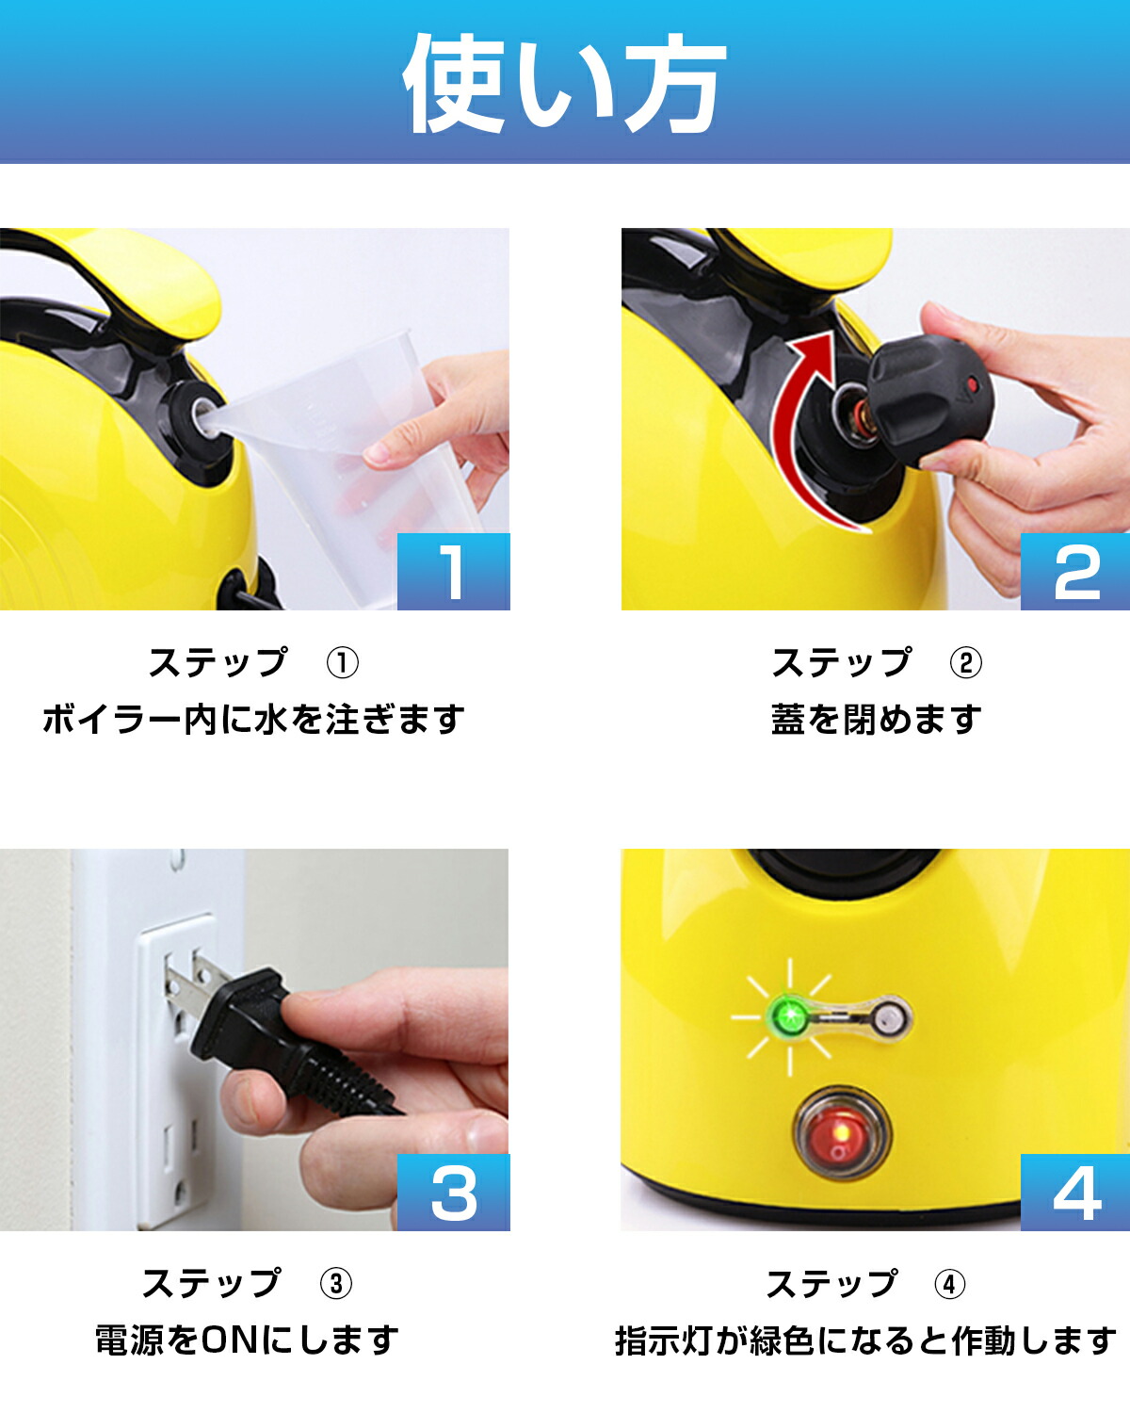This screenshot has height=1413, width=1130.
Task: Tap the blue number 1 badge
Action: tap(453, 572)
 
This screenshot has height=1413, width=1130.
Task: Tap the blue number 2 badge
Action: tap(1075, 572)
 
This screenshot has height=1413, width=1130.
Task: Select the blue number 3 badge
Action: tap(453, 1193)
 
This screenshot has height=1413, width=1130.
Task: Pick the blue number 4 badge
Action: tap(1075, 1193)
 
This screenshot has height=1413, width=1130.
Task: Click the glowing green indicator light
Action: tap(789, 1015)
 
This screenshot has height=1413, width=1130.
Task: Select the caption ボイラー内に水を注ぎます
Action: tap(253, 720)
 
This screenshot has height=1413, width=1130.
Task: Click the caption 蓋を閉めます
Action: tap(876, 720)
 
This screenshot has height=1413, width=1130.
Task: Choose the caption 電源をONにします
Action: tap(247, 1340)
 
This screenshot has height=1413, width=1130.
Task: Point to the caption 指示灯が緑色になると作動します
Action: tap(865, 1340)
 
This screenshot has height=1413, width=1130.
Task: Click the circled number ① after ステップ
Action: tap(342, 663)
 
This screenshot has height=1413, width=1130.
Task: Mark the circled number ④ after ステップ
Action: tap(949, 1284)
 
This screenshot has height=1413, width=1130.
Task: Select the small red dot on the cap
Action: tap(974, 384)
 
